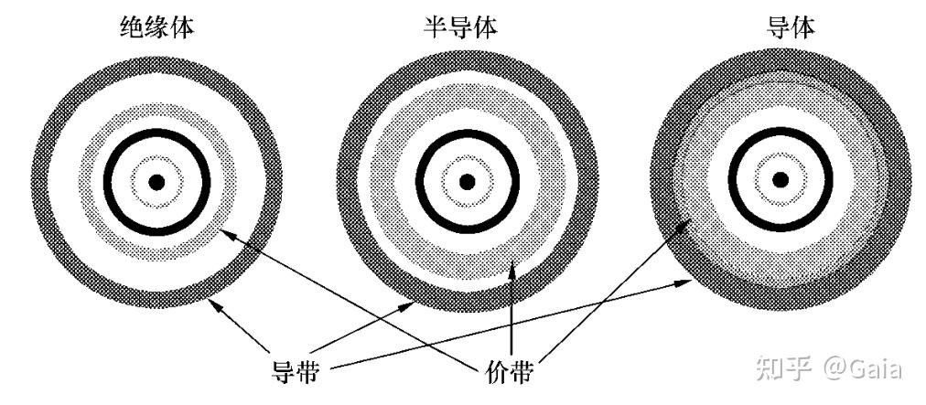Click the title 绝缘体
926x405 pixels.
pyautogui.click(x=156, y=27)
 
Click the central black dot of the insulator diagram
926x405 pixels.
pyautogui.click(x=157, y=182)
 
